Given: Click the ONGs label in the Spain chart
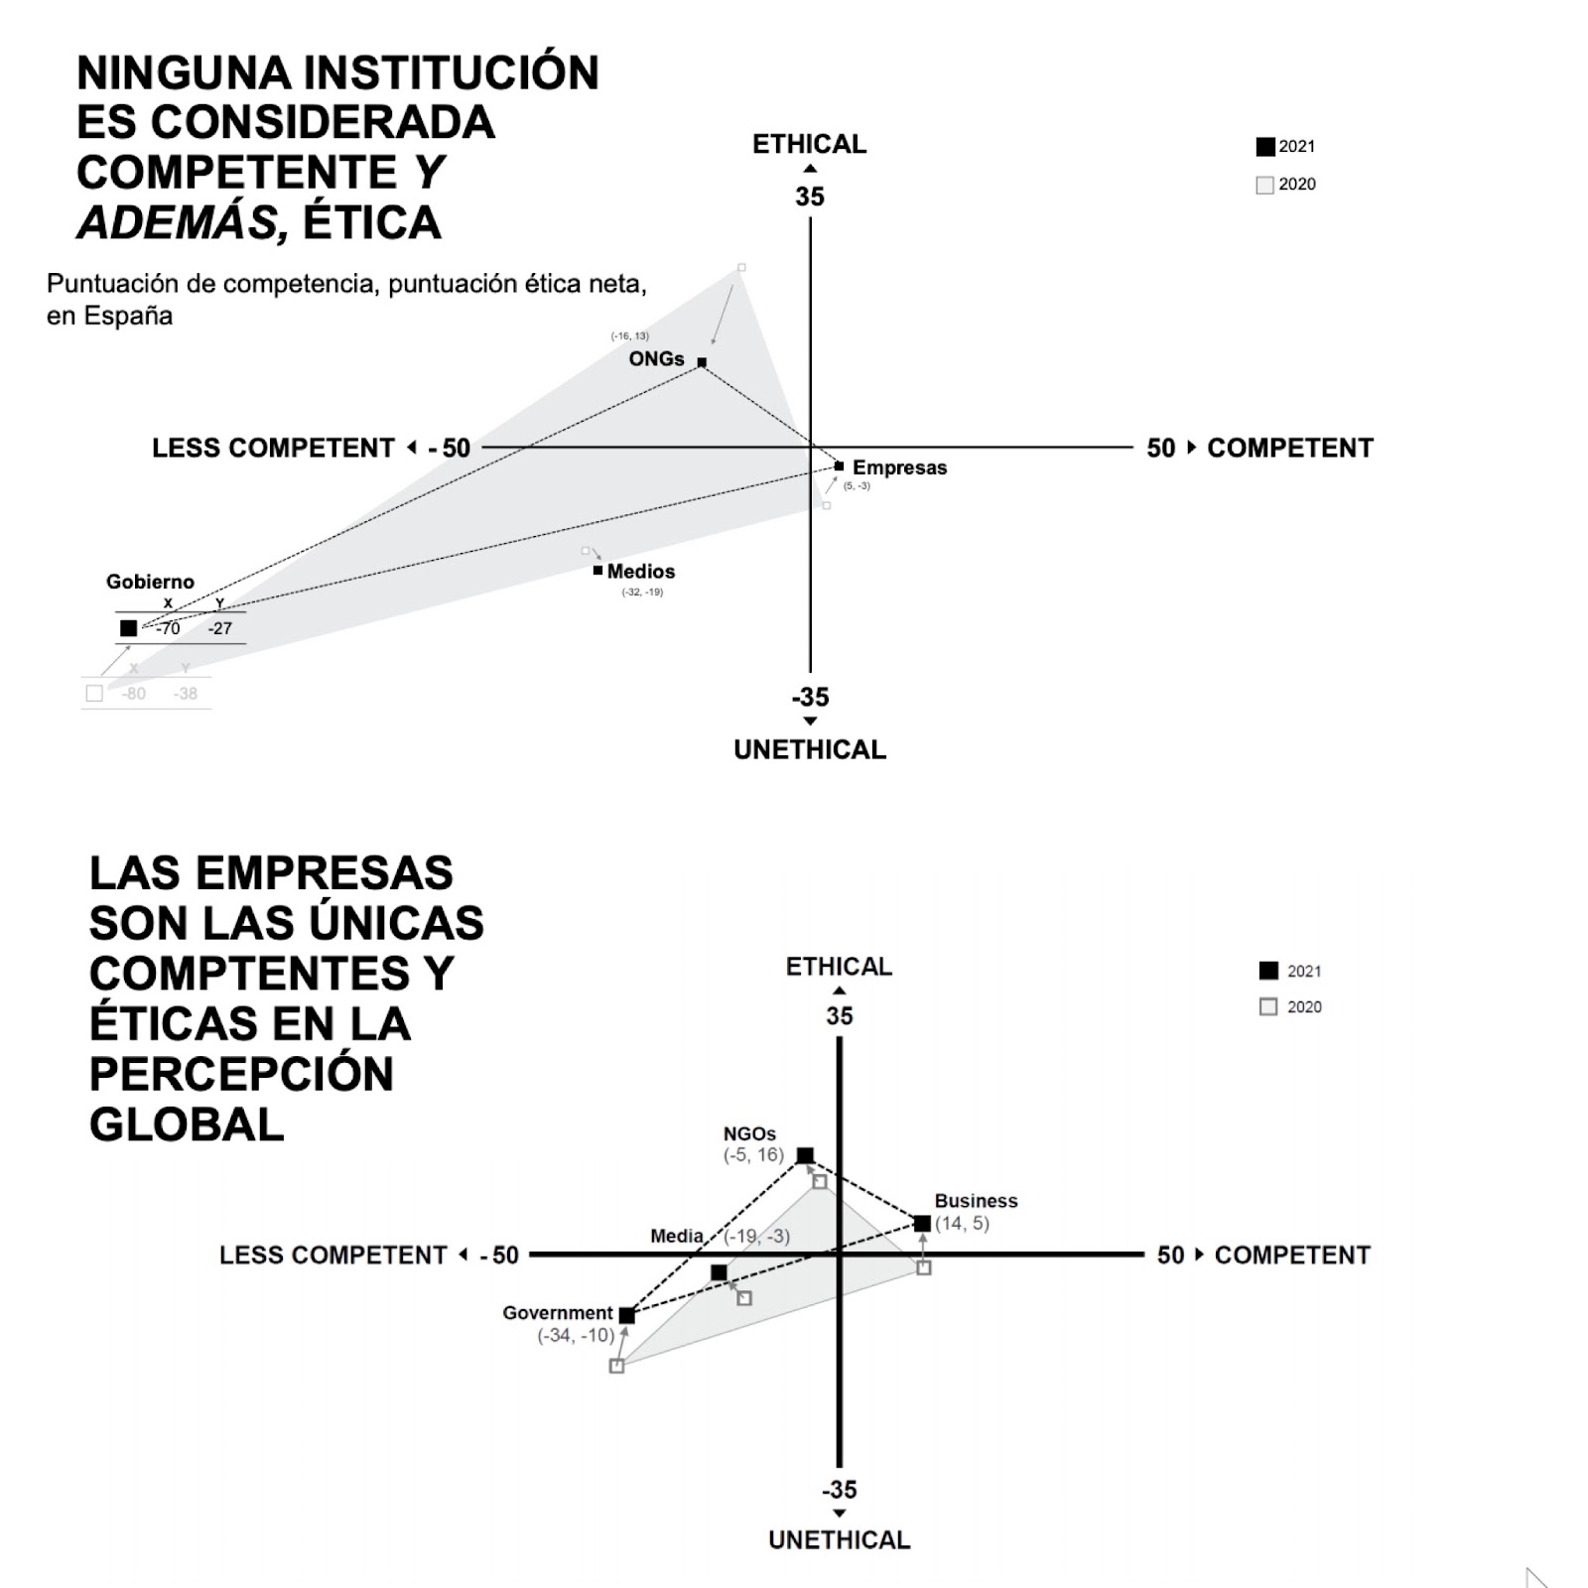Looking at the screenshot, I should [x=656, y=358].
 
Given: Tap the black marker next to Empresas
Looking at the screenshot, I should [x=839, y=465].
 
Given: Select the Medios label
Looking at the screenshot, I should [x=640, y=571].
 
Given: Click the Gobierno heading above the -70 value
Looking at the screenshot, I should [x=150, y=582].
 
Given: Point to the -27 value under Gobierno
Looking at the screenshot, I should [x=219, y=628].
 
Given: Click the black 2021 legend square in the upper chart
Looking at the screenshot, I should [x=1264, y=147].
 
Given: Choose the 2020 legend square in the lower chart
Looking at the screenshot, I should [x=1267, y=1006].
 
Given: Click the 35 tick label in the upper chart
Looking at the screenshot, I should [x=809, y=197].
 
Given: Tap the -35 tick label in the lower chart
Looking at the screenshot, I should [x=839, y=1489].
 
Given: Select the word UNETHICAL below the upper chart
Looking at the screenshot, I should [x=809, y=749].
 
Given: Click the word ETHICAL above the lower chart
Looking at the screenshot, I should [x=839, y=966].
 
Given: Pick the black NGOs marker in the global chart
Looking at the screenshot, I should [x=805, y=1155].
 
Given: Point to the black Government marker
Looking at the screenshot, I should [x=626, y=1315].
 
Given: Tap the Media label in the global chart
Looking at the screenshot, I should [x=677, y=1236].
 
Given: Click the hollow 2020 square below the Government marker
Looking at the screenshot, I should [x=616, y=1366].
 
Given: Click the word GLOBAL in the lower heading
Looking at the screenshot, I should [x=187, y=1125].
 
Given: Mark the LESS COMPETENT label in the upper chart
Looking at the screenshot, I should [x=273, y=448].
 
